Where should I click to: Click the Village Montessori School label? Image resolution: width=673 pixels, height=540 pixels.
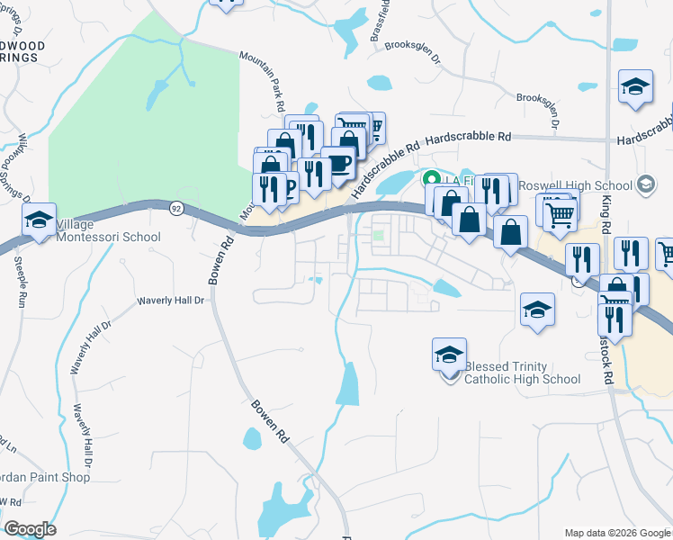(x=108, y=230)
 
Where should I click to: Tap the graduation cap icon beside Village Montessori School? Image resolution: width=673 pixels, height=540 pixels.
(x=39, y=220)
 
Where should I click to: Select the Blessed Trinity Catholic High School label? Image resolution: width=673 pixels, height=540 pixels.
(x=522, y=373)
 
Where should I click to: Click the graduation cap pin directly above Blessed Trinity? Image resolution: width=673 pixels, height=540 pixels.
(x=449, y=355)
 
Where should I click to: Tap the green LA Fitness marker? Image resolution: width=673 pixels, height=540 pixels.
(x=431, y=178)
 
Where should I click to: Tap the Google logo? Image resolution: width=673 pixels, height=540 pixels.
(x=30, y=529)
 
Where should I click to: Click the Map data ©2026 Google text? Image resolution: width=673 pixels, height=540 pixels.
(x=616, y=533)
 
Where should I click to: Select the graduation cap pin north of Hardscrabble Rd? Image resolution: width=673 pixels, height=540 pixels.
(x=635, y=86)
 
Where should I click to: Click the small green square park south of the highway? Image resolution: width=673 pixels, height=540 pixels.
(x=379, y=237)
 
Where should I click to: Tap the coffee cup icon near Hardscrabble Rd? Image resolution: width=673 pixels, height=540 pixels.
(x=338, y=163)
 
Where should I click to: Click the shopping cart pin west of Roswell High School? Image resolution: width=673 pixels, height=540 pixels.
(x=559, y=214)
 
